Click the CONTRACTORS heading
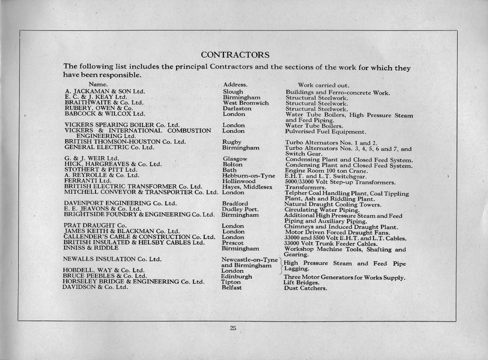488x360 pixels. [235, 55]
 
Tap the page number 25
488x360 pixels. [233, 328]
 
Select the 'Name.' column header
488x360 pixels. [98, 84]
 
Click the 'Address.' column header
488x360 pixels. [235, 85]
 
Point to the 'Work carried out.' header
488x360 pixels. [323, 85]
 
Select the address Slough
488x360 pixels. [233, 92]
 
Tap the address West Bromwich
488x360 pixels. [246, 103]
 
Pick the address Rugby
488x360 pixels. [232, 142]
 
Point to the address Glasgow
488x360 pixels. [235, 159]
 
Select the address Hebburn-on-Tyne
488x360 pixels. [249, 175]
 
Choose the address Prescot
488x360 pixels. [233, 243]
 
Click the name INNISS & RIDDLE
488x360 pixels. [91, 248]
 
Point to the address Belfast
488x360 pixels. [232, 288]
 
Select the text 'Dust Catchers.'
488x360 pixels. [305, 288]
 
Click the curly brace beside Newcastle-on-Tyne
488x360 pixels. [281, 265]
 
